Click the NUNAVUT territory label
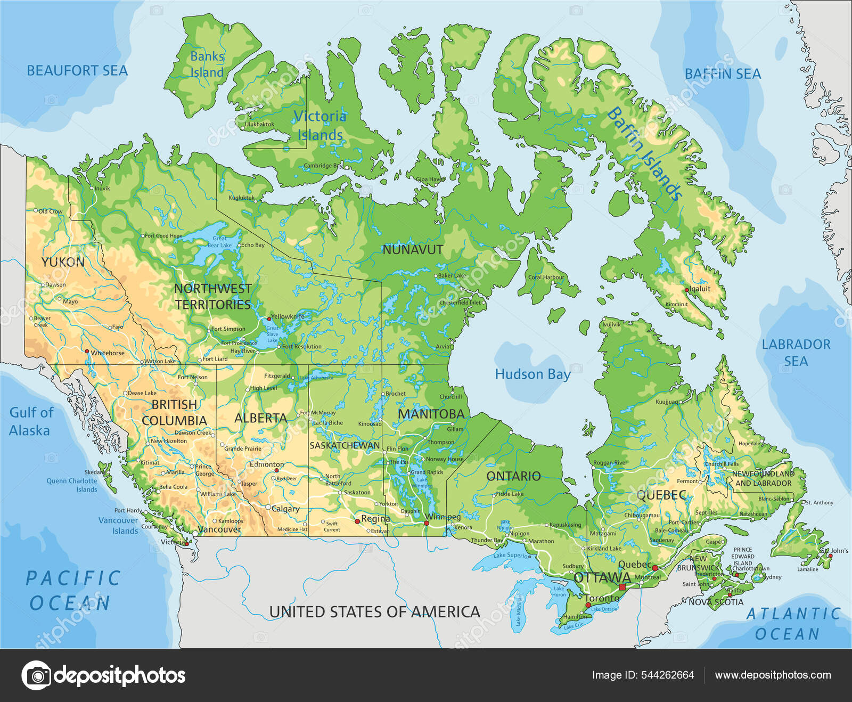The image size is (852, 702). (x=413, y=249)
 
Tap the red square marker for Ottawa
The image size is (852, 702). (x=622, y=587)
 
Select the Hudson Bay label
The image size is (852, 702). (x=532, y=374)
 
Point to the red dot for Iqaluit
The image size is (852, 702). (x=687, y=290)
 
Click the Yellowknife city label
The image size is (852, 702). (x=288, y=316)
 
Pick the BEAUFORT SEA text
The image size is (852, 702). (x=77, y=71)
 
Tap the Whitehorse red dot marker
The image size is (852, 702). (x=87, y=351)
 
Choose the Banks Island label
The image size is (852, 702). (x=207, y=64)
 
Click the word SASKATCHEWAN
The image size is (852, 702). (x=345, y=445)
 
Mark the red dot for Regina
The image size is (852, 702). (x=357, y=521)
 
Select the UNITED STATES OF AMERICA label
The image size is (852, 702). (x=374, y=612)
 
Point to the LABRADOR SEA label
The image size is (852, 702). (x=796, y=353)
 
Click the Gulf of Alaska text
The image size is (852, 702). (x=31, y=421)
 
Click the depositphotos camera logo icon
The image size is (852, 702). (x=36, y=675)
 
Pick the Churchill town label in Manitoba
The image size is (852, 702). (x=450, y=397)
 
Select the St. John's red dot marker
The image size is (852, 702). (x=830, y=556)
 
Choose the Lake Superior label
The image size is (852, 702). (x=512, y=556)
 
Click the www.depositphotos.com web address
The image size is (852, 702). (x=773, y=675)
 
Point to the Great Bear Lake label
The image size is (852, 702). (x=219, y=242)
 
